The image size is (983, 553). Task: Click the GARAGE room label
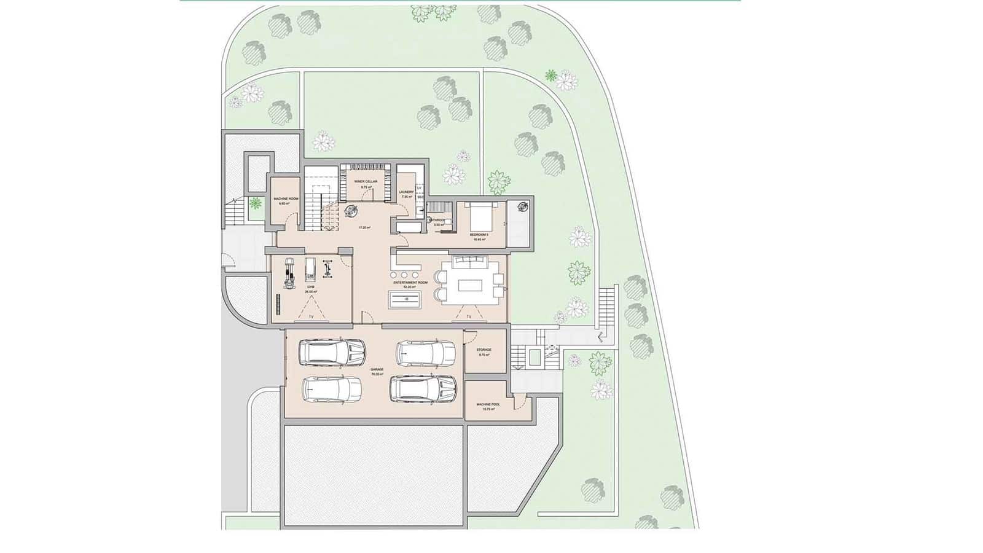click(x=377, y=369)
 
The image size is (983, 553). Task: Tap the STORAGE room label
click(x=484, y=350)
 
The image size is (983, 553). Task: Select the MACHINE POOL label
click(x=488, y=404)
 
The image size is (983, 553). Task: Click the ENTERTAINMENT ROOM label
click(x=405, y=283)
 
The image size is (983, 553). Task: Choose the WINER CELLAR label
click(x=365, y=182)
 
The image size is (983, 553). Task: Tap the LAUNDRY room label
click(x=405, y=192)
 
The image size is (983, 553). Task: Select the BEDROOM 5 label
click(x=479, y=235)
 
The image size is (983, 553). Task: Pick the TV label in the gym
click(x=311, y=316)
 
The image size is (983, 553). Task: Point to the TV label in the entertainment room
click(x=469, y=316)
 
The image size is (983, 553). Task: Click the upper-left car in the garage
click(x=332, y=353)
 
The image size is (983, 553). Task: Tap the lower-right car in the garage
click(x=424, y=388)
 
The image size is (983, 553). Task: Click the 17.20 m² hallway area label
click(x=364, y=227)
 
